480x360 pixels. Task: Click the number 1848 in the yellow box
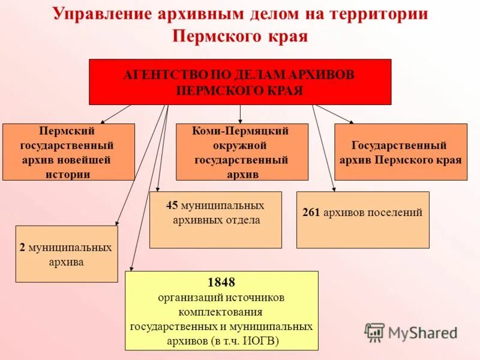(x=221, y=282)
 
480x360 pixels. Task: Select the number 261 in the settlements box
(x=311, y=212)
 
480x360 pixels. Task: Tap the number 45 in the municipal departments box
(x=172, y=205)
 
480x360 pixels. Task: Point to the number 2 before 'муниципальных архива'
(x=22, y=247)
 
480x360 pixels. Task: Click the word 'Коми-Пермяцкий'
(x=241, y=130)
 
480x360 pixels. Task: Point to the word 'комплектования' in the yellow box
(x=221, y=312)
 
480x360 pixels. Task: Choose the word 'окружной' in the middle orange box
(x=241, y=145)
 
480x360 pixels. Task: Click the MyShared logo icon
(x=374, y=332)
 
